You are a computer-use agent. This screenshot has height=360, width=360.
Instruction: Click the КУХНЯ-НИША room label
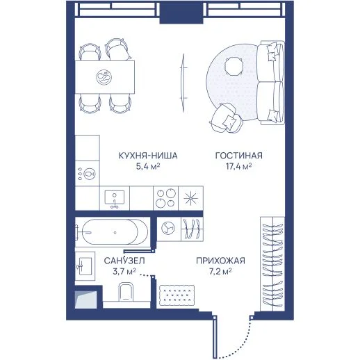148,156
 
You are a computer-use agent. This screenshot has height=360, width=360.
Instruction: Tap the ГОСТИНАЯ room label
239,156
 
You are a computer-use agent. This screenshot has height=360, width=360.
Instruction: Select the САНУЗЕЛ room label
124,261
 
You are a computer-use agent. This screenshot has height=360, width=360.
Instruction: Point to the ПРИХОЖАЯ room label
220,261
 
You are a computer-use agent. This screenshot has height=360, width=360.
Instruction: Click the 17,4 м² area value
239,166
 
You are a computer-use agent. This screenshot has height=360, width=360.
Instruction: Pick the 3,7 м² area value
124,271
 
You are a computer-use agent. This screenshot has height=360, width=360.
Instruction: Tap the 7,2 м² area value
220,271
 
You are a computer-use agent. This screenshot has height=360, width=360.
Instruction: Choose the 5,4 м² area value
148,166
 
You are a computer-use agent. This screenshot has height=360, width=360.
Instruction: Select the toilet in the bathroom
126,292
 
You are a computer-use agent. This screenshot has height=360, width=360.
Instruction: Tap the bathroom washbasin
85,266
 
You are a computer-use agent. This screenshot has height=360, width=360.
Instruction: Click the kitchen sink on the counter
115,199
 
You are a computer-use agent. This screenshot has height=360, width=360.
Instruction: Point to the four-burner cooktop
165,198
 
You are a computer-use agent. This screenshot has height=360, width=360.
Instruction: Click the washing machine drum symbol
168,228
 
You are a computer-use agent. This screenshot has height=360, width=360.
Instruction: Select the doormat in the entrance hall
177,295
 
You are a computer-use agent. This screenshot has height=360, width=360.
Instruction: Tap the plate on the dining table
104,77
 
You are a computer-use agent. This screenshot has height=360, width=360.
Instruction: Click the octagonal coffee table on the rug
234,66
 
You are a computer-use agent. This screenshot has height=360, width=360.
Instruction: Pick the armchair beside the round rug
227,118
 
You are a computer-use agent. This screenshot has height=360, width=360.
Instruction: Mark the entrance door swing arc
239,343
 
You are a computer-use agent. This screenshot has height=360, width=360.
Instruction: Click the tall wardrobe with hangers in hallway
272,264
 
